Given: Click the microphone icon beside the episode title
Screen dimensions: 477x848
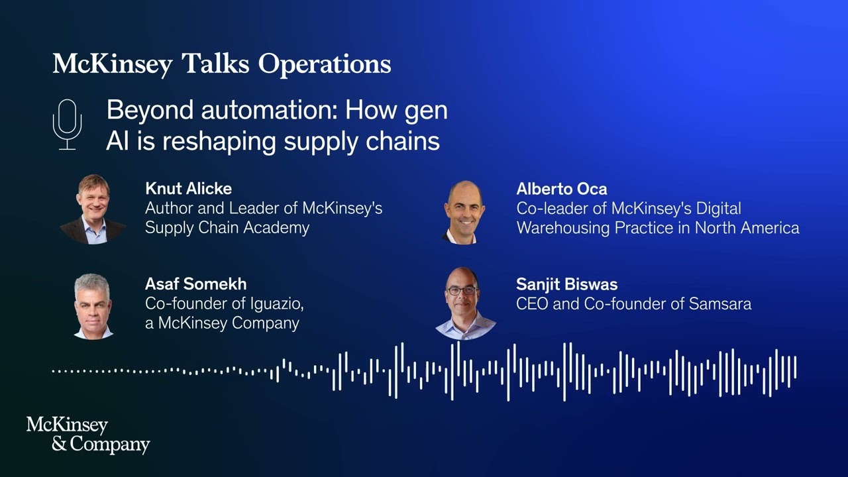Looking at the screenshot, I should click(67, 124).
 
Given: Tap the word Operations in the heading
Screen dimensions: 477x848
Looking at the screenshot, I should click(325, 64).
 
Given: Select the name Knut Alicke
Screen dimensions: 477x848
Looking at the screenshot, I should click(188, 189).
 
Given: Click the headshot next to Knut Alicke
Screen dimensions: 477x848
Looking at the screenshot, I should click(93, 209).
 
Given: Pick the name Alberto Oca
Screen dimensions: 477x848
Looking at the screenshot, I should click(561, 189).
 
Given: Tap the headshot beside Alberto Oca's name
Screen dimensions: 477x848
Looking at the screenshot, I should click(464, 212).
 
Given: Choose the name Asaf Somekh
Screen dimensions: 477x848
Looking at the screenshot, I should click(195, 284).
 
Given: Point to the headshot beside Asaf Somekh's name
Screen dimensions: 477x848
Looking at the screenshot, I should click(93, 306).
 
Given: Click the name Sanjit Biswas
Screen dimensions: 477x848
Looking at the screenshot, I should click(566, 285).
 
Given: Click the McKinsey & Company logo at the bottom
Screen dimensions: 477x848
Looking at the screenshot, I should click(87, 435).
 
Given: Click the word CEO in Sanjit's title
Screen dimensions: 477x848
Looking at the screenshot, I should click(531, 304).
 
